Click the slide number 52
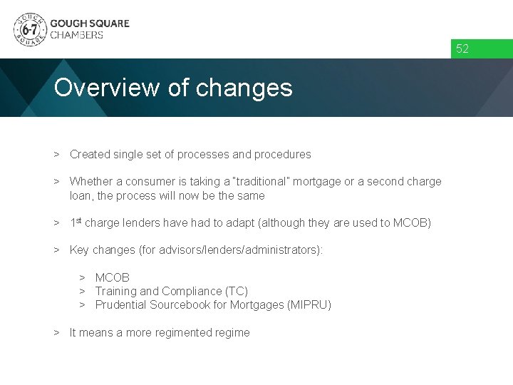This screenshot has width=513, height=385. click(462, 49)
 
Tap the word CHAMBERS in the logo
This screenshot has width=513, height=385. click(76, 35)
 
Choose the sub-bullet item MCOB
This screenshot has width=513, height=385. click(112, 277)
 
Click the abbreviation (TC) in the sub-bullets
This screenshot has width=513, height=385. click(237, 291)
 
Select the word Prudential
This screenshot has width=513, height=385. click(122, 304)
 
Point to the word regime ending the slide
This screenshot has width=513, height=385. click(232, 332)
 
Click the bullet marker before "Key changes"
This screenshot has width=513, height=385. click(56, 250)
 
